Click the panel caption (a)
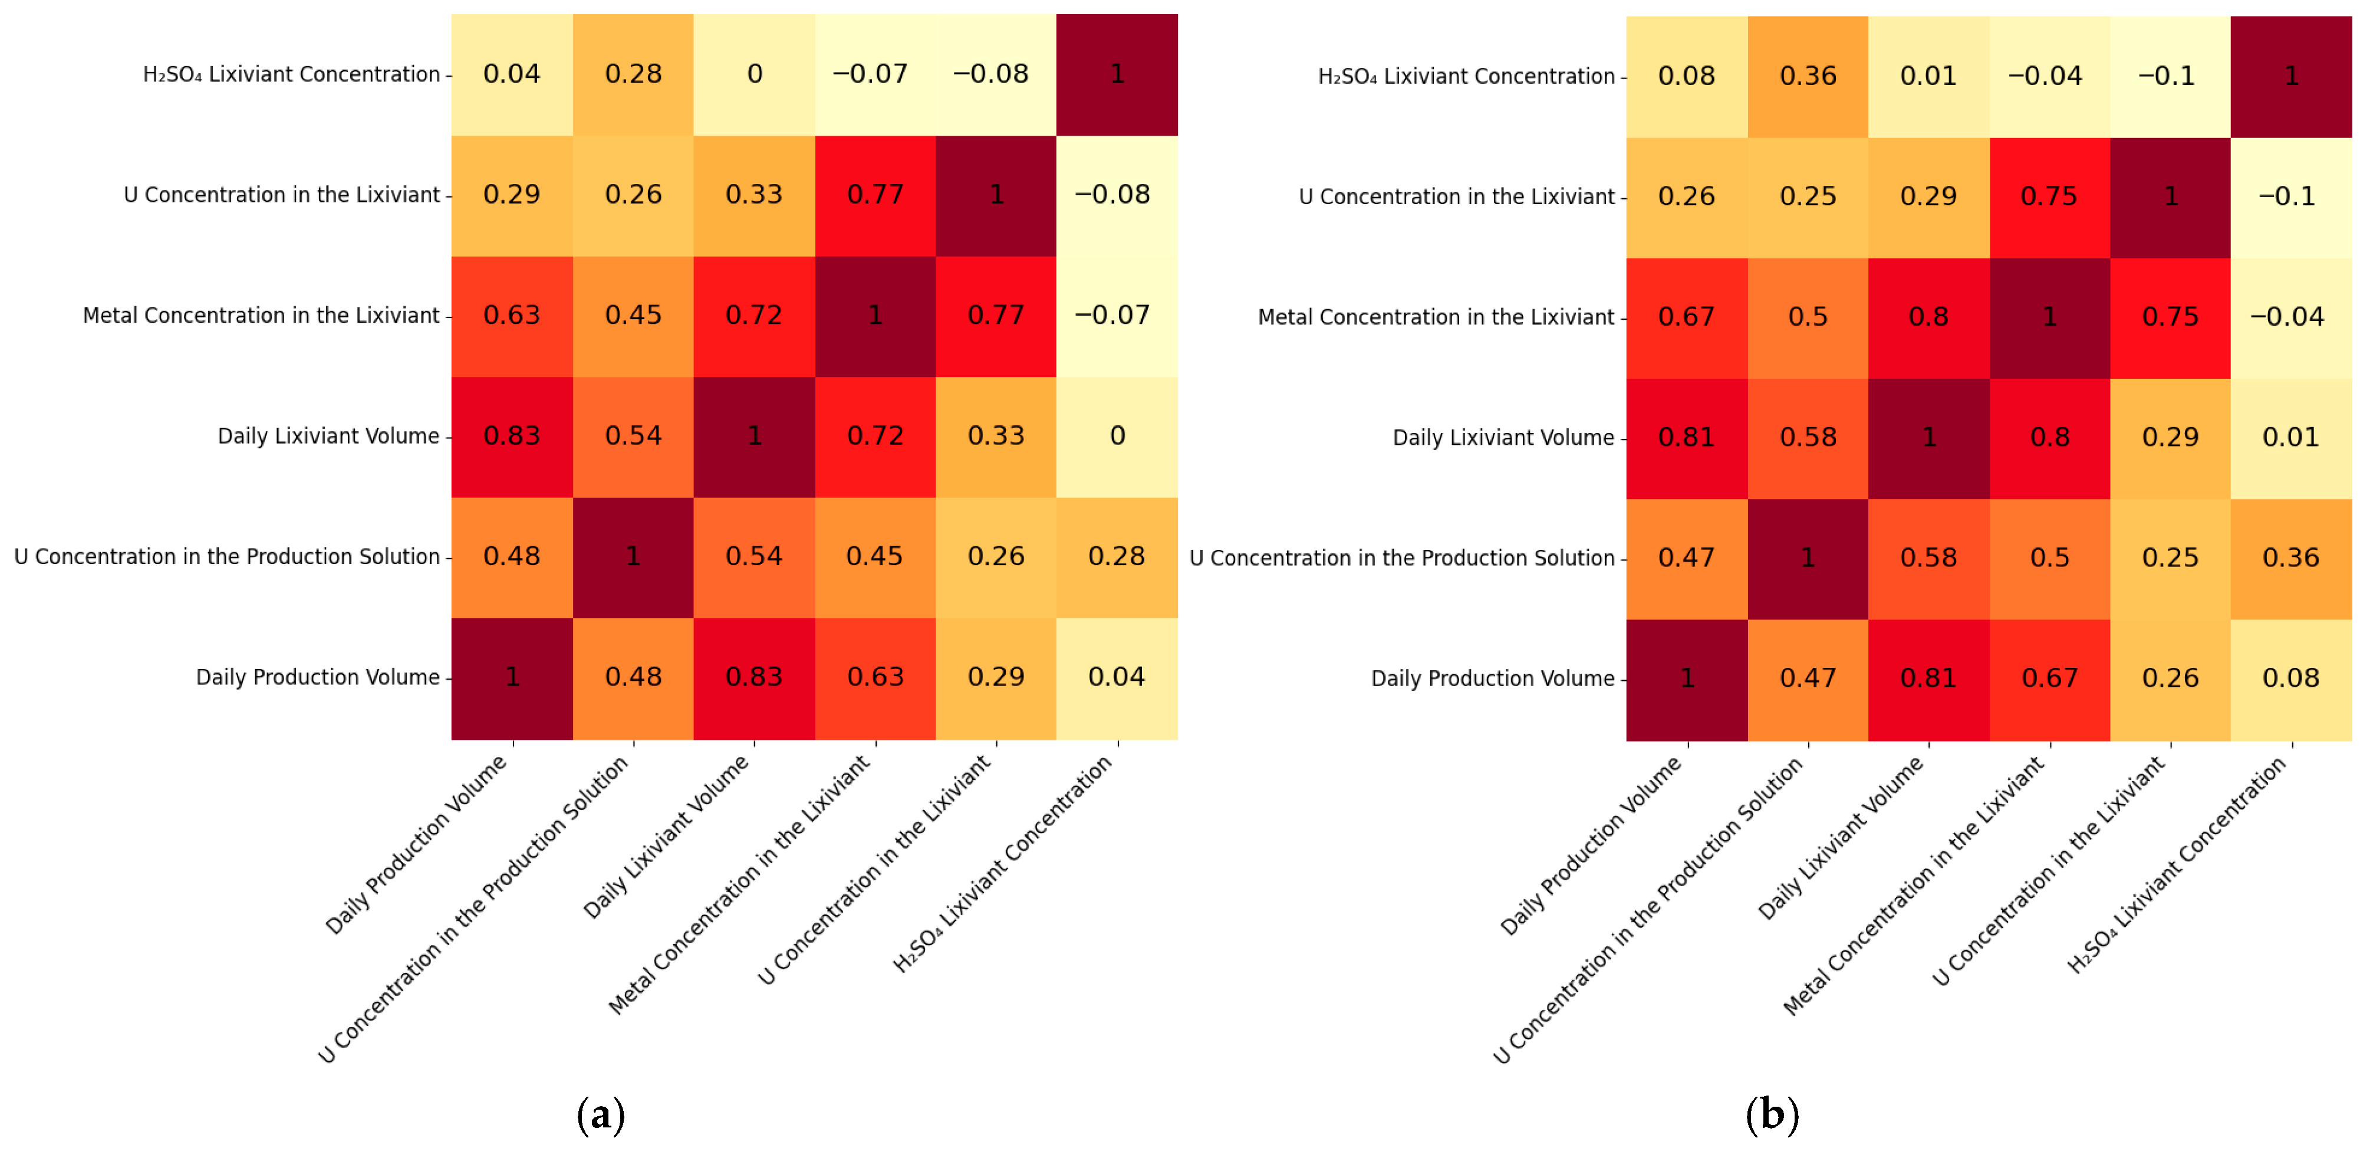[x=601, y=1114]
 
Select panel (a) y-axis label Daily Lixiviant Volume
[x=328, y=436]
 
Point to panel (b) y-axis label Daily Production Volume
[x=1492, y=679]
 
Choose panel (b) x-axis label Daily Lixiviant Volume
[x=1841, y=838]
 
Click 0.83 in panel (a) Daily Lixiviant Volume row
[x=512, y=436]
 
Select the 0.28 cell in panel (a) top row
[x=633, y=74]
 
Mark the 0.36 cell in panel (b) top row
[x=1808, y=76]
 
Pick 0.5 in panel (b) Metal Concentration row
[x=1808, y=317]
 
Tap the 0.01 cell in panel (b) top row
[x=1928, y=76]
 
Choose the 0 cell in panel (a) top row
[x=754, y=74]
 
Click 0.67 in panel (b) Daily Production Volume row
[x=2049, y=679]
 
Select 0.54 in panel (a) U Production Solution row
[x=754, y=557]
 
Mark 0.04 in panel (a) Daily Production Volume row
[x=1117, y=678]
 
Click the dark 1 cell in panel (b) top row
[x=2290, y=76]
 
